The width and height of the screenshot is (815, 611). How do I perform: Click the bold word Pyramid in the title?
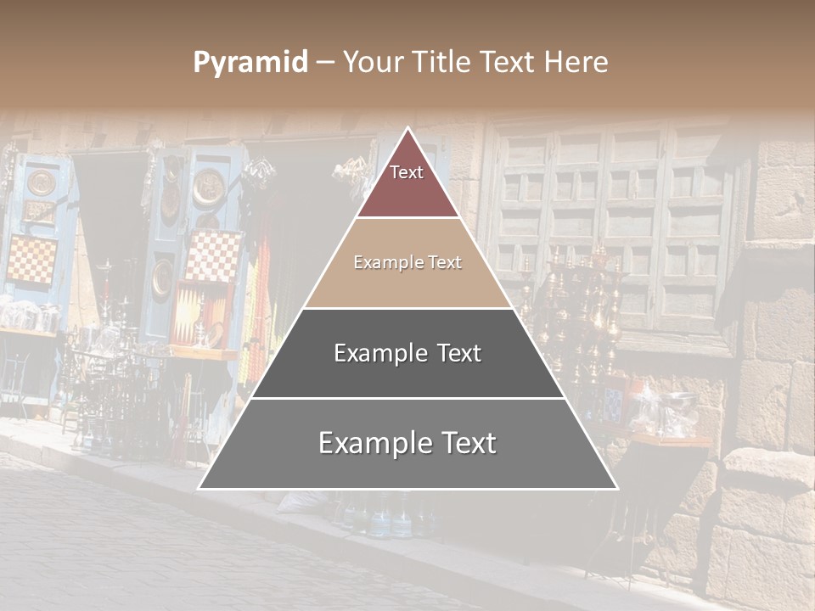point(250,63)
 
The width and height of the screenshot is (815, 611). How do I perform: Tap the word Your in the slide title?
point(374,63)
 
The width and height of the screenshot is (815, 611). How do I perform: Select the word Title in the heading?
point(442,63)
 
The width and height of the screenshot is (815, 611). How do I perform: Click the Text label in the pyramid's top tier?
point(407,172)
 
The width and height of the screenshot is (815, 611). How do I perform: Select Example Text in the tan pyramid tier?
point(407,262)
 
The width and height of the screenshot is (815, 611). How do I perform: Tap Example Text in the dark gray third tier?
point(407,353)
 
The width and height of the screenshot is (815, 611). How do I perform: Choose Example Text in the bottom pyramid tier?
point(407,443)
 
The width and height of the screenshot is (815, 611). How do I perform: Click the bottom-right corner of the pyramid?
point(616,488)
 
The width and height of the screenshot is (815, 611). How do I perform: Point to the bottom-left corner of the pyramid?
point(200,488)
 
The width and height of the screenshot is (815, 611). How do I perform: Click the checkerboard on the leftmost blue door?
point(32,260)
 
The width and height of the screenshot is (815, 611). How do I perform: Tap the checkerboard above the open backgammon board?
point(213,255)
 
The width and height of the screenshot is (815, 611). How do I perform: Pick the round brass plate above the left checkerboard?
point(40,182)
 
